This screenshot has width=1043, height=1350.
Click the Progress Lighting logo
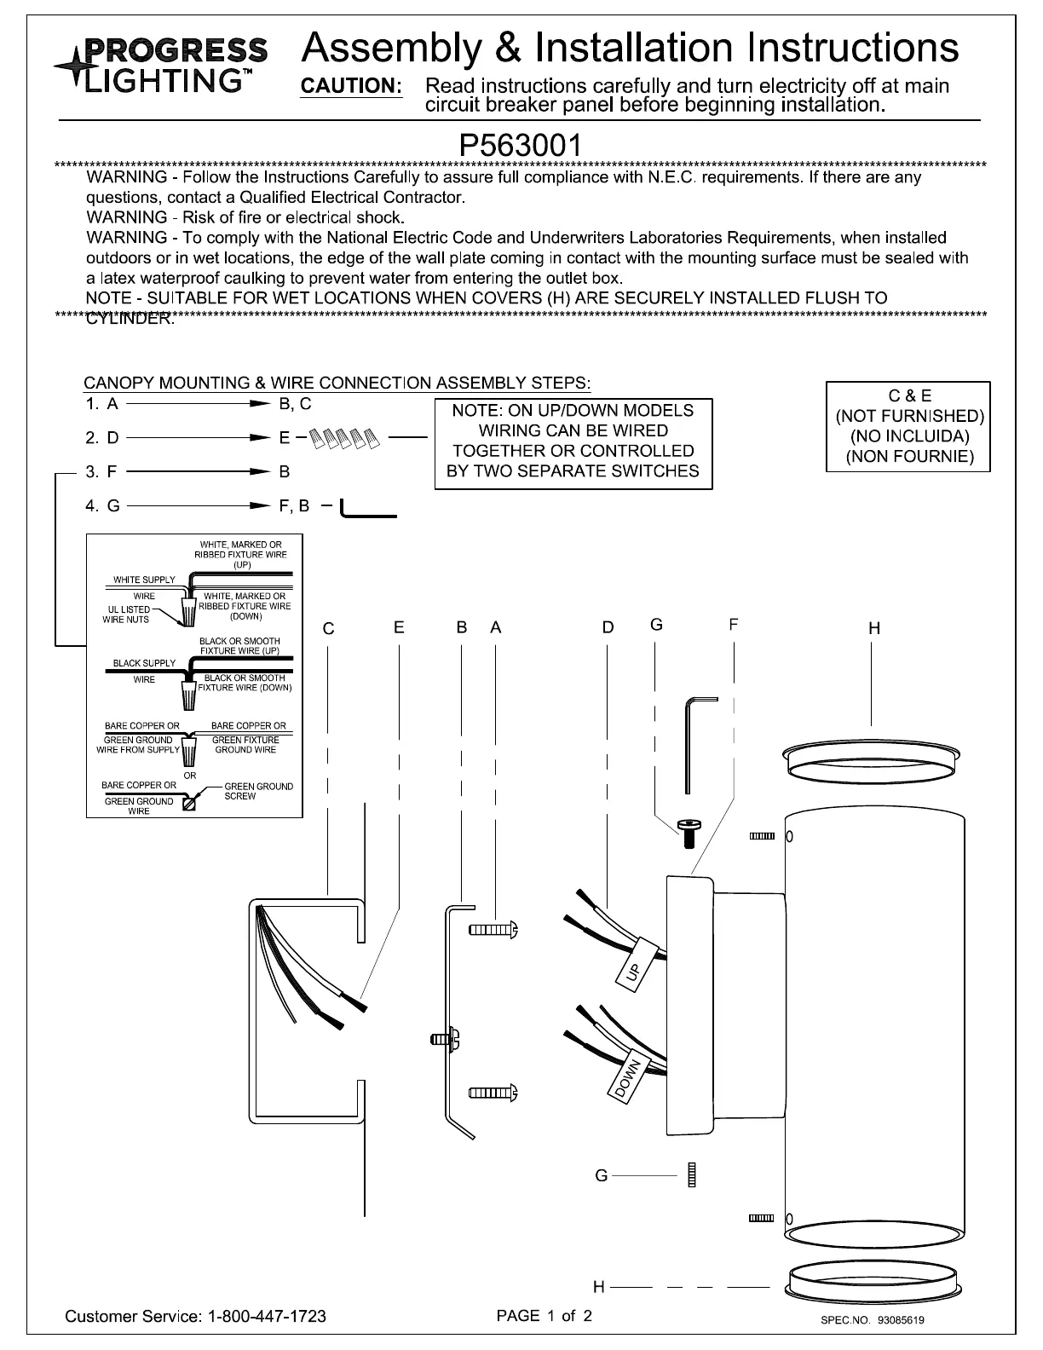pos(162,64)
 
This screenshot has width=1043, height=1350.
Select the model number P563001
pos(521,144)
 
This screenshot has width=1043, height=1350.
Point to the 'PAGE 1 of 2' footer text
pos(545,1315)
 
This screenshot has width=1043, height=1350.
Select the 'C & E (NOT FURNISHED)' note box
pos(908,426)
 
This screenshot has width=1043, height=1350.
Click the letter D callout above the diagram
pos(608,628)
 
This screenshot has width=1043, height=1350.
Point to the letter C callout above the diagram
pos(328,629)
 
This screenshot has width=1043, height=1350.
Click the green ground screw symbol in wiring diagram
pos(188,802)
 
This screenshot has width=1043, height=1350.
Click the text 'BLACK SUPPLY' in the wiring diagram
pos(144,663)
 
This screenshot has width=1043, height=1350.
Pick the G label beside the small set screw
pos(602,1176)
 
